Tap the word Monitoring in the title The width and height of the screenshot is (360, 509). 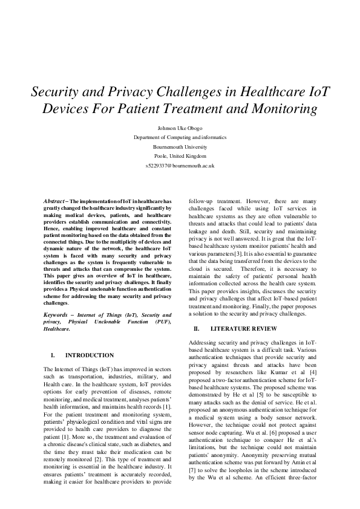(284, 109)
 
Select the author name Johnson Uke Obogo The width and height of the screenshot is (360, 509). (180, 128)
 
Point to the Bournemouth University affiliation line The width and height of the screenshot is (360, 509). (180, 146)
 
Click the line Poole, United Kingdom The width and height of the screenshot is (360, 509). (180, 155)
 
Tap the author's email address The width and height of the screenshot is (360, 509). (180, 165)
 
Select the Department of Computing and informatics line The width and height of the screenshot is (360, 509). (180, 137)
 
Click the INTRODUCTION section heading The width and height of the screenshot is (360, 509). (90, 355)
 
